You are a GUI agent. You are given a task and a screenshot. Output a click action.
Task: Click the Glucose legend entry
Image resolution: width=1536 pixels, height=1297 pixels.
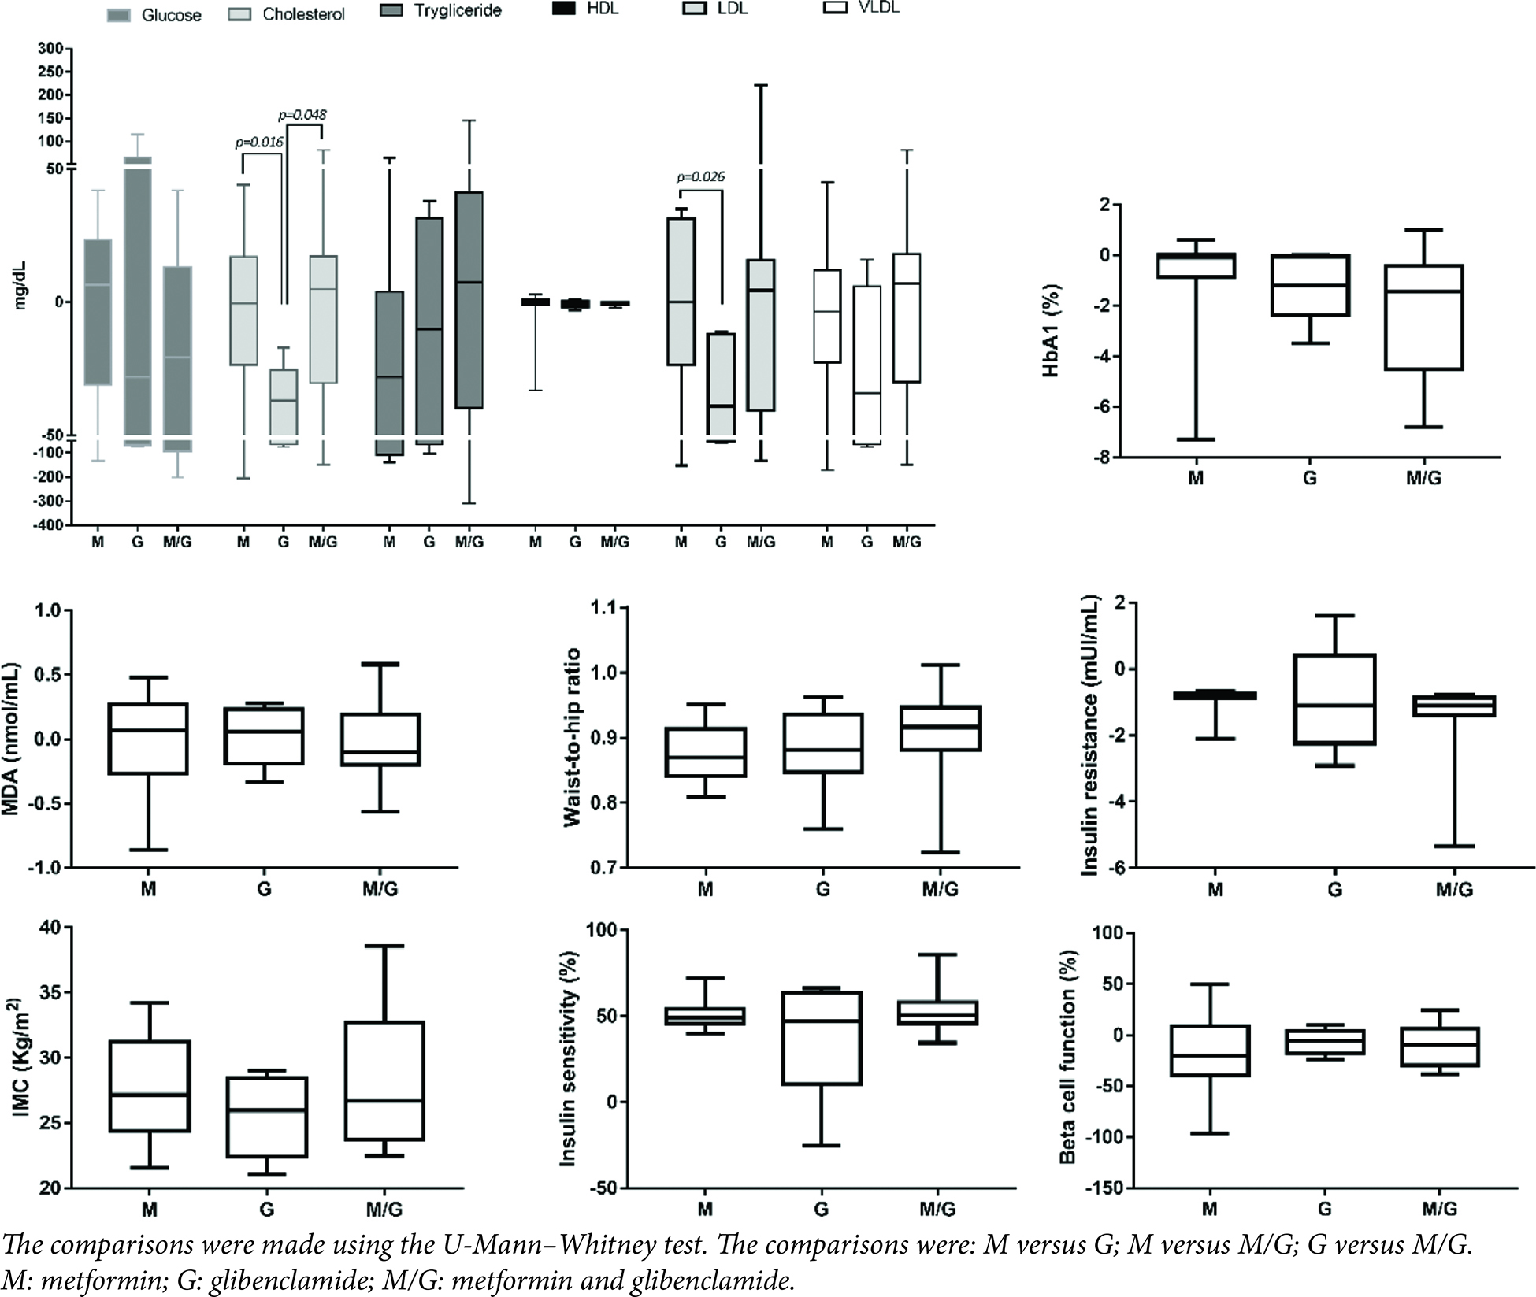tap(171, 15)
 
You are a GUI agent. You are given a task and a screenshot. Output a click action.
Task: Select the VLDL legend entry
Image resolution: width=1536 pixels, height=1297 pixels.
tap(878, 8)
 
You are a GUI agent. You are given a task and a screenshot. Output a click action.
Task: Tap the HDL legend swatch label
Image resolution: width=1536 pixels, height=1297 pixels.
tap(602, 10)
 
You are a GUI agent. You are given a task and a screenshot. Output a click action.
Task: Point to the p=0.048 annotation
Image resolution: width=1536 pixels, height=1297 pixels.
tap(302, 115)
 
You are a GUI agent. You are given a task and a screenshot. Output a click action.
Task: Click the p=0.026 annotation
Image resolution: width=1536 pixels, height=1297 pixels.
tap(700, 177)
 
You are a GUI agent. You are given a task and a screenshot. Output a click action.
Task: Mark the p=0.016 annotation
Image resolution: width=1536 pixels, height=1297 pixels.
tap(259, 143)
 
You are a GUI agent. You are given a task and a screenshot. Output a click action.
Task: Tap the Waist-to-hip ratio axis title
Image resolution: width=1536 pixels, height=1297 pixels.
tap(573, 737)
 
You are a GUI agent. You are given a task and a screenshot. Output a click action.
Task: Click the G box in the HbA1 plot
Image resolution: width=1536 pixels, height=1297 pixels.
tap(1310, 285)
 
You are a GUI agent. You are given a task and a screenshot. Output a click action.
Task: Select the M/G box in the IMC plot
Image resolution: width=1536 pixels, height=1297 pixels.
tap(384, 1080)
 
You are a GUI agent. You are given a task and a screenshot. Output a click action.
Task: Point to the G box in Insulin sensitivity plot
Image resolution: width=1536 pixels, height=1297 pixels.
tap(822, 1038)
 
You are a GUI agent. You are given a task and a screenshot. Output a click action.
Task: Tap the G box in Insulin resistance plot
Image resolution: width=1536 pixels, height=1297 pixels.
tap(1335, 699)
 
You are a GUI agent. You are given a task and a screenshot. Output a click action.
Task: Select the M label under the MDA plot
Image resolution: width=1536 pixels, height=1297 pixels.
tap(148, 889)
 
